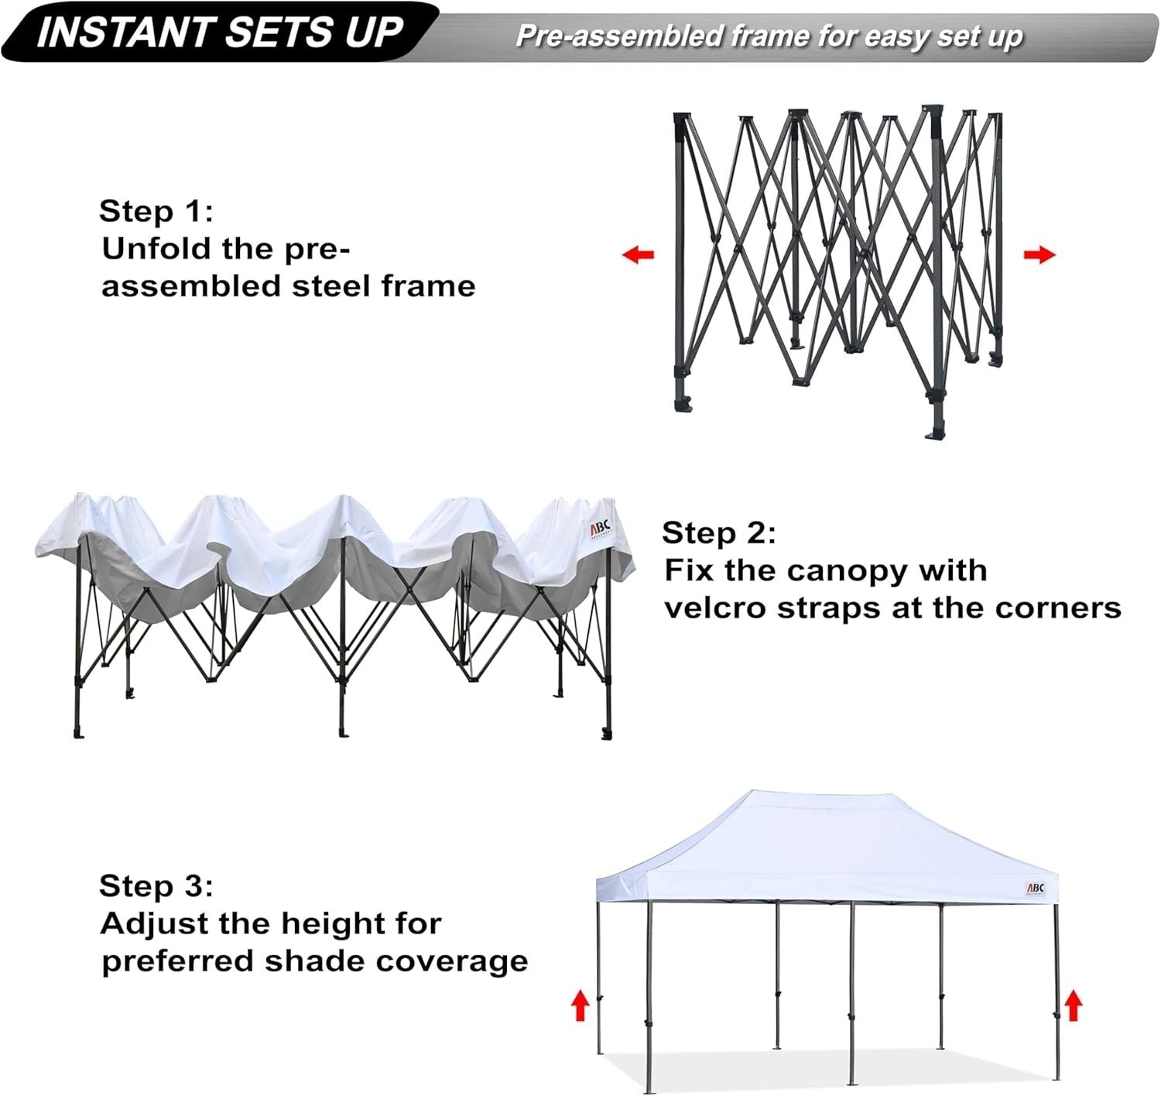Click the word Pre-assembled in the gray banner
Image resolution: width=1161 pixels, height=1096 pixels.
[x=618, y=36]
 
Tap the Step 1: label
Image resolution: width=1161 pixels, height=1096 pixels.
[x=156, y=211]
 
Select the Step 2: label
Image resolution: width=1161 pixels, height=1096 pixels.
[x=718, y=533]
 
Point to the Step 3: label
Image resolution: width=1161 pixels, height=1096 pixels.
[x=156, y=885]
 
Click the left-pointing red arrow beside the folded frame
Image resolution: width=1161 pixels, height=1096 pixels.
[x=639, y=254]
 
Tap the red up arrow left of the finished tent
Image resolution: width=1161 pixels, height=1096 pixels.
[x=580, y=1006]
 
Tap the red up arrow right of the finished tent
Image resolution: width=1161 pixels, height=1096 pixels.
[x=1073, y=1006]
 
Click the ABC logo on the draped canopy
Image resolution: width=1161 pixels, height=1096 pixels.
[x=601, y=529]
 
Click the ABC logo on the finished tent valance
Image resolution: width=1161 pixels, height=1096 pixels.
[x=1035, y=888]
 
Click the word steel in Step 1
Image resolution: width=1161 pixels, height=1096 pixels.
[x=332, y=286]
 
